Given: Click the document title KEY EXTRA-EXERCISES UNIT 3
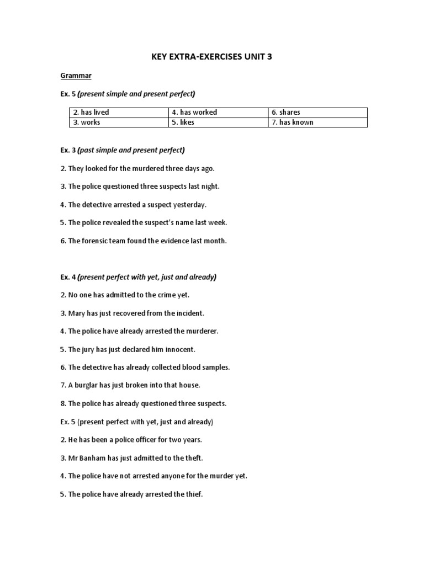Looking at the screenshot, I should pyautogui.click(x=211, y=57).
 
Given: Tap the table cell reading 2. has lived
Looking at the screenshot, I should pyautogui.click(x=91, y=113).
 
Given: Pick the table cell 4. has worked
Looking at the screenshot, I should pyautogui.click(x=194, y=113).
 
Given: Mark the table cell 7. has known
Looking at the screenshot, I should pyautogui.click(x=292, y=122).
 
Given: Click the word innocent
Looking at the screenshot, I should pyautogui.click(x=181, y=350).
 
